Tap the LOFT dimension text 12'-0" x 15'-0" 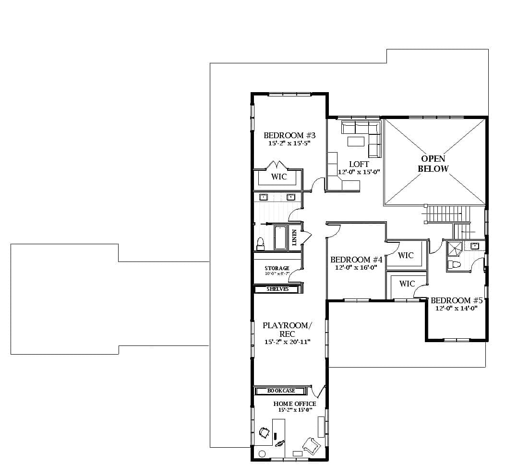(359, 172)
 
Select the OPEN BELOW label (433, 164)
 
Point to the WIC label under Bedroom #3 (278, 177)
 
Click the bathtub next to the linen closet (280, 238)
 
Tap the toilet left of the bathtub (260, 244)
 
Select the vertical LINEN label (294, 238)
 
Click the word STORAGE (277, 268)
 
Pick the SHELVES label (277, 289)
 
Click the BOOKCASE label (281, 391)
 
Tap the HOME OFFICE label (295, 404)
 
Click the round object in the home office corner (262, 453)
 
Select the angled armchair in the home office (310, 445)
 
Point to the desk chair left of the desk (264, 432)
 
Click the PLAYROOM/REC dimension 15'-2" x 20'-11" (288, 342)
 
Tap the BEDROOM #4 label (356, 260)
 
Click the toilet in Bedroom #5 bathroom (454, 264)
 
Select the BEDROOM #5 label (456, 301)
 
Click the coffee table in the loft (356, 141)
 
